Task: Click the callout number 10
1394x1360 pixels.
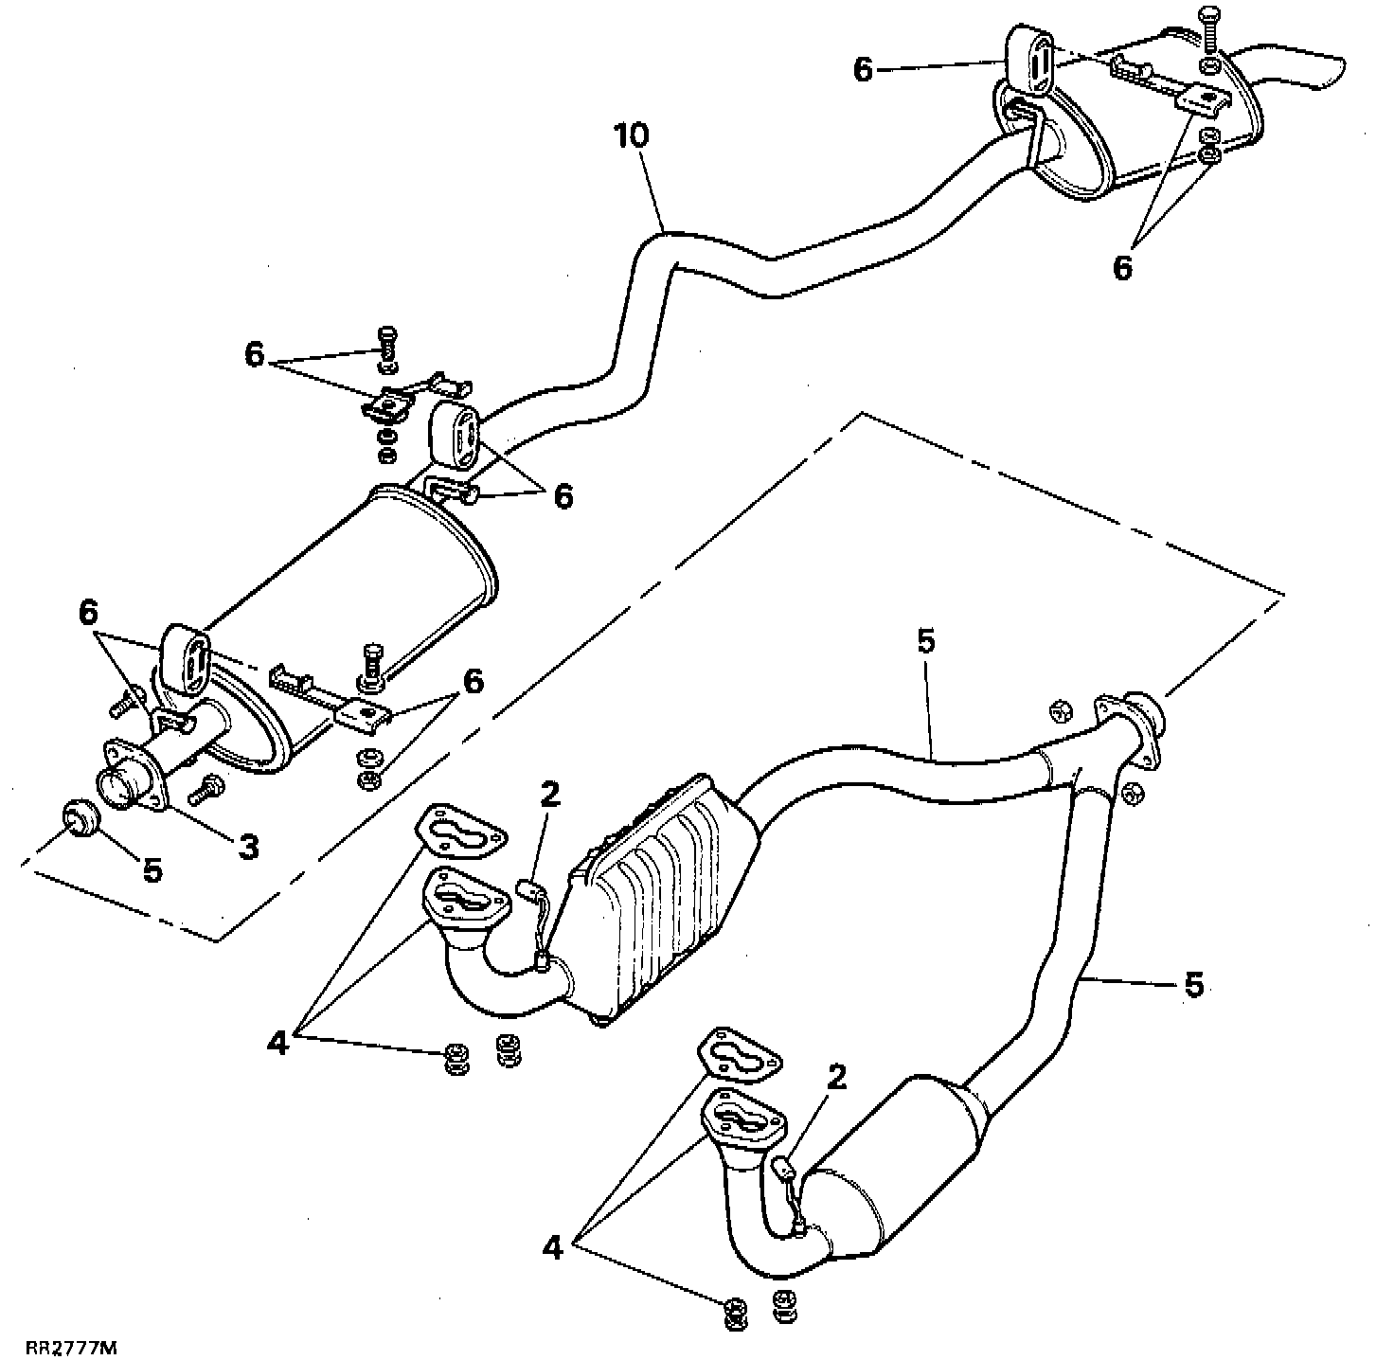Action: (x=632, y=135)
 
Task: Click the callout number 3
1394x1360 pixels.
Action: (x=247, y=846)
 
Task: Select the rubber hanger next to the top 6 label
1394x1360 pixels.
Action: (x=1025, y=62)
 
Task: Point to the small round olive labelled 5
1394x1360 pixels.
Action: (x=78, y=815)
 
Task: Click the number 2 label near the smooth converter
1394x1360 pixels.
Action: (x=835, y=1077)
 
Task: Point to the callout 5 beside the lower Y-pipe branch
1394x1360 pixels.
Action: (x=1194, y=985)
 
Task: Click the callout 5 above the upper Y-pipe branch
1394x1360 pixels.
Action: (x=925, y=641)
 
